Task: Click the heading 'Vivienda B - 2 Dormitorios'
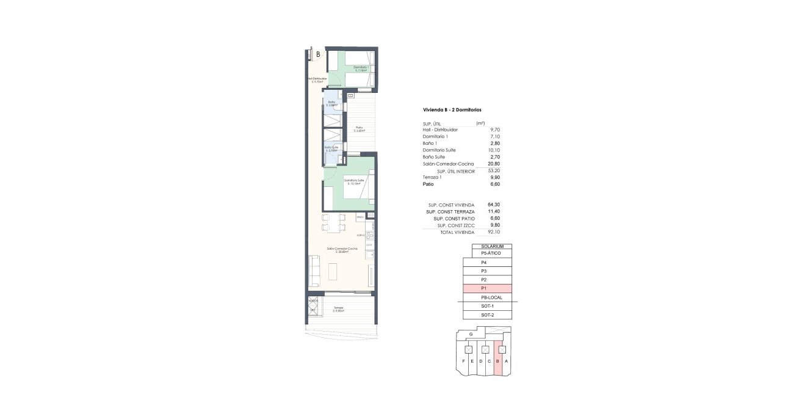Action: pos(452,110)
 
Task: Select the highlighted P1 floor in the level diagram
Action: pos(487,288)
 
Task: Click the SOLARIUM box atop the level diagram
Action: pos(491,246)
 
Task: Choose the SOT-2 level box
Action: pos(487,315)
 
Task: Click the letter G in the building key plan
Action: pos(471,334)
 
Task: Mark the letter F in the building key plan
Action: pos(464,362)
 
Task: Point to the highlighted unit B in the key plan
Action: pos(498,362)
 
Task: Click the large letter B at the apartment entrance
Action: pos(317,54)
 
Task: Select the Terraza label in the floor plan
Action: pos(338,308)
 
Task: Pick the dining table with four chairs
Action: pos(334,223)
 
